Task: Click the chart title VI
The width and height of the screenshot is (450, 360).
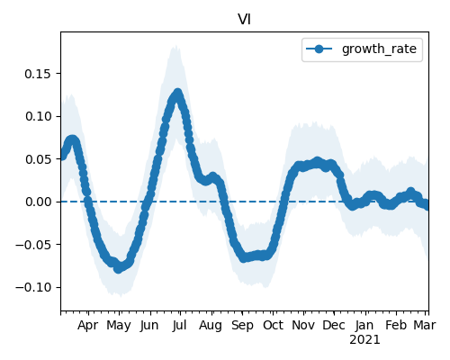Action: click(x=244, y=20)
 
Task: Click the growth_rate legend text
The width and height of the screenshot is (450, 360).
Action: click(x=379, y=49)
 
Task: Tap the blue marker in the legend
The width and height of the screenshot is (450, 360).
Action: click(x=319, y=49)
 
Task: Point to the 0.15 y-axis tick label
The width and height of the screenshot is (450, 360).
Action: click(x=38, y=74)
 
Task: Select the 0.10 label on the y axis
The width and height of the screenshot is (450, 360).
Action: click(x=38, y=116)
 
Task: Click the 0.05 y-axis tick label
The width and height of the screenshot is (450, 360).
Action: click(x=38, y=159)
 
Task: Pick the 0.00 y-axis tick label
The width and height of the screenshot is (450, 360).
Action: click(x=38, y=202)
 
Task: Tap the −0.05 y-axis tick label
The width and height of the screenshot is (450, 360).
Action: click(x=33, y=245)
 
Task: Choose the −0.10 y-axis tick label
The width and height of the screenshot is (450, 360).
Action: click(x=33, y=287)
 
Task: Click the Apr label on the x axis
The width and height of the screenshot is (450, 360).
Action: click(x=87, y=326)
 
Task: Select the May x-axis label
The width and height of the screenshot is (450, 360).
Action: click(x=119, y=326)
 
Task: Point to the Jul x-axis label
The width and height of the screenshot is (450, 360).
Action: click(x=179, y=326)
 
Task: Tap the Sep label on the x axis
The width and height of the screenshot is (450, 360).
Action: click(x=242, y=326)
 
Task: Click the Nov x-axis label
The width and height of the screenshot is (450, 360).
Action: click(x=303, y=326)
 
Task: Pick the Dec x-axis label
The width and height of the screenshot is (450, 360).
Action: click(x=334, y=326)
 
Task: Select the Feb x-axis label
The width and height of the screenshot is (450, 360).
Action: click(x=396, y=326)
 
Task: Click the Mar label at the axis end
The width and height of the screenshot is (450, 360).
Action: click(x=425, y=326)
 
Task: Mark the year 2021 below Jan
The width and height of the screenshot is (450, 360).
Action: click(x=364, y=340)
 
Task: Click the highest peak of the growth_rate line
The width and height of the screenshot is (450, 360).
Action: click(x=178, y=93)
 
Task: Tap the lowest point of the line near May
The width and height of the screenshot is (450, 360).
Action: click(x=118, y=269)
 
